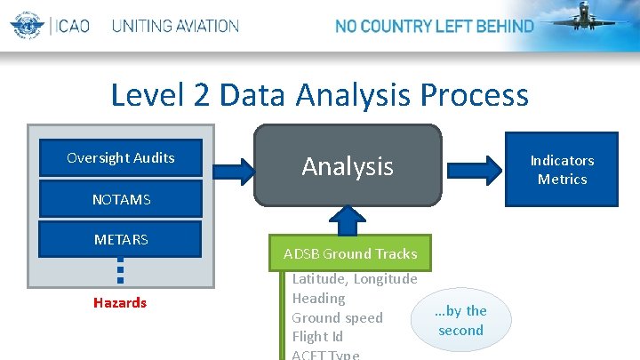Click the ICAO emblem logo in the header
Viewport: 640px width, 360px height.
[27, 25]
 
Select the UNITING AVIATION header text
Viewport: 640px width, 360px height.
[175, 26]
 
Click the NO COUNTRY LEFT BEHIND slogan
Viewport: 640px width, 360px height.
[434, 26]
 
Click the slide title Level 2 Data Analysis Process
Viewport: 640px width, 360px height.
[319, 94]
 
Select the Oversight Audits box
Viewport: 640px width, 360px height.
[121, 158]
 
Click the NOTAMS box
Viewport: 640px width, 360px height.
[121, 200]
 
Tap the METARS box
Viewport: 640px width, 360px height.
[121, 240]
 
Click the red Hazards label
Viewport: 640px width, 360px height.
[120, 303]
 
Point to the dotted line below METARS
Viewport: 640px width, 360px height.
[120, 271]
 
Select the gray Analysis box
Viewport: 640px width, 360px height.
[348, 165]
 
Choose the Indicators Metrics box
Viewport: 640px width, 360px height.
[562, 169]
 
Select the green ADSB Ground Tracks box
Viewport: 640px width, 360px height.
[350, 254]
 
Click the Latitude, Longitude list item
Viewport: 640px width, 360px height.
[355, 279]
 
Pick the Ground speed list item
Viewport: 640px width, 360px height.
[337, 318]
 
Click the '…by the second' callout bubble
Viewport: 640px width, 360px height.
[460, 320]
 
